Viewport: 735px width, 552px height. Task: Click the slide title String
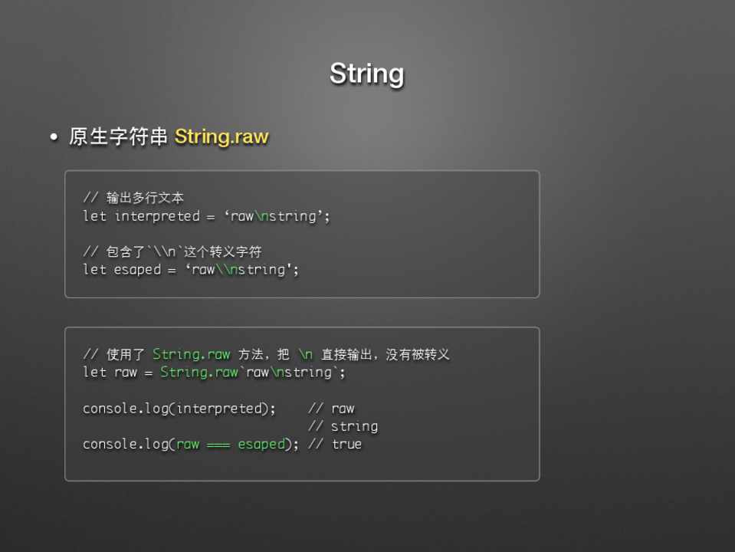coord(366,74)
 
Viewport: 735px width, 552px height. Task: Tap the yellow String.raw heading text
coord(221,136)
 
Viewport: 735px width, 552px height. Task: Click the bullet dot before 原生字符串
coord(54,137)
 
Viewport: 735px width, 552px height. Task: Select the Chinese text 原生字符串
coord(118,136)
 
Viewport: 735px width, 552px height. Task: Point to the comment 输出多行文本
coord(145,198)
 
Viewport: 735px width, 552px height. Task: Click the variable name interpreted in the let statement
coord(157,215)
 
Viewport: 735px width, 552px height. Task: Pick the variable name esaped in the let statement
coord(137,270)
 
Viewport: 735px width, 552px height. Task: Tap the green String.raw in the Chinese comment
coord(192,354)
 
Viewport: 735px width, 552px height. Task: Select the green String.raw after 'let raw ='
coord(199,372)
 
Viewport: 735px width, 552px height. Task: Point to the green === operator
coord(218,445)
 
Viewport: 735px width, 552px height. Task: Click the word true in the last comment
coord(346,444)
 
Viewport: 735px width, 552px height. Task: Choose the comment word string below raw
coord(354,426)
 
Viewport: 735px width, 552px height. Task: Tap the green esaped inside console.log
coord(261,444)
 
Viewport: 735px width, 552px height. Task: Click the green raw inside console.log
coord(188,445)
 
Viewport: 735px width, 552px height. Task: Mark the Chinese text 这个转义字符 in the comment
coord(223,251)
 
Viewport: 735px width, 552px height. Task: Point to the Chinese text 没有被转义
coord(417,354)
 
